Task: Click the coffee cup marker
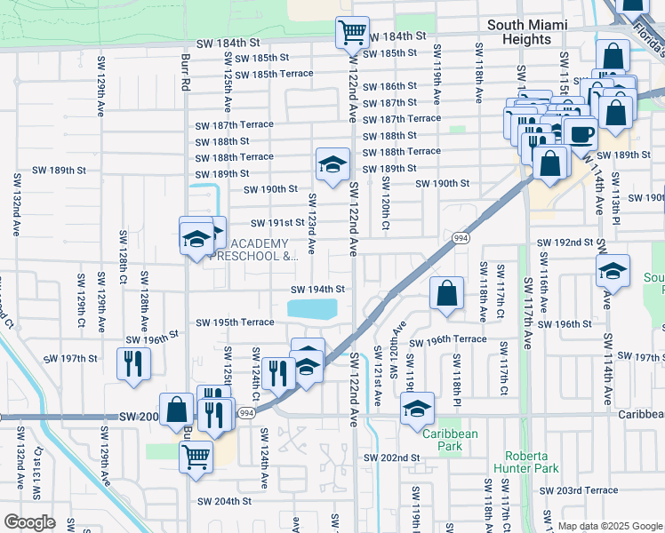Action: click(x=581, y=134)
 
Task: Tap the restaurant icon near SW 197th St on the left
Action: click(x=133, y=363)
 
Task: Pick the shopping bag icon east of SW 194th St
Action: click(x=447, y=293)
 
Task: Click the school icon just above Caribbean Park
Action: click(x=416, y=409)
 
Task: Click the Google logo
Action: click(x=29, y=522)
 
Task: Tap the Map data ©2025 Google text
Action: click(x=609, y=526)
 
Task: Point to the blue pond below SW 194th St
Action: click(x=313, y=309)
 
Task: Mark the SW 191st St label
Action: click(x=277, y=223)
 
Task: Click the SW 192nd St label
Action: click(x=565, y=242)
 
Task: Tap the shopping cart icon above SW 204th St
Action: click(x=196, y=457)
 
